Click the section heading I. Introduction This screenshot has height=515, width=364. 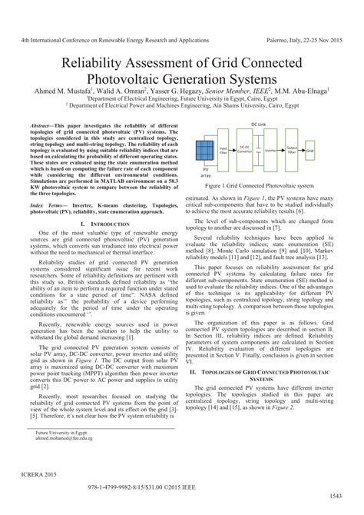(x=102, y=224)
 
